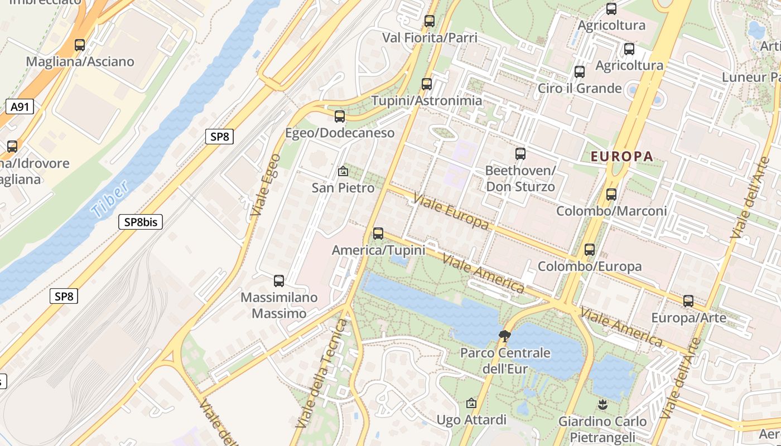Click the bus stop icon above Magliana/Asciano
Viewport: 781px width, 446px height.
pos(80,45)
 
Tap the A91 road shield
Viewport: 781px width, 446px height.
pos(20,107)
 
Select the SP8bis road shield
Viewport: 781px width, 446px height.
pos(141,222)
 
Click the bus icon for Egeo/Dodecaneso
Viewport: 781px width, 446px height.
pos(339,117)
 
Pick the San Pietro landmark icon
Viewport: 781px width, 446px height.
pos(343,171)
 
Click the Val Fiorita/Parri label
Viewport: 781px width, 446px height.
pos(430,37)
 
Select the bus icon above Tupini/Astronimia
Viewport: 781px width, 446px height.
pos(427,84)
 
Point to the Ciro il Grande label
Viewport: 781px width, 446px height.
pos(580,88)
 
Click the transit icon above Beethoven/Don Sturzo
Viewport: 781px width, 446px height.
pos(520,153)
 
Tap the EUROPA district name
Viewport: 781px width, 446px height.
pos(621,156)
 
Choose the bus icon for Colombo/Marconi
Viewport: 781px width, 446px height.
pos(611,195)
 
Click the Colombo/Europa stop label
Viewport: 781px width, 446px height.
pos(590,266)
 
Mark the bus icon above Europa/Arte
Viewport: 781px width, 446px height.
pos(688,301)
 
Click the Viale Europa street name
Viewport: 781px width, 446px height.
pos(450,211)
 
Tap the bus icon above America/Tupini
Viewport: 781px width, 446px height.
pos(378,234)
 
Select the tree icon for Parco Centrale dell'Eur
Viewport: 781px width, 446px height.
pos(505,336)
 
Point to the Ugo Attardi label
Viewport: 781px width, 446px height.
pos(471,419)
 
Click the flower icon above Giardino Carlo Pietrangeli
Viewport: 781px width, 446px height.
pos(602,404)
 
